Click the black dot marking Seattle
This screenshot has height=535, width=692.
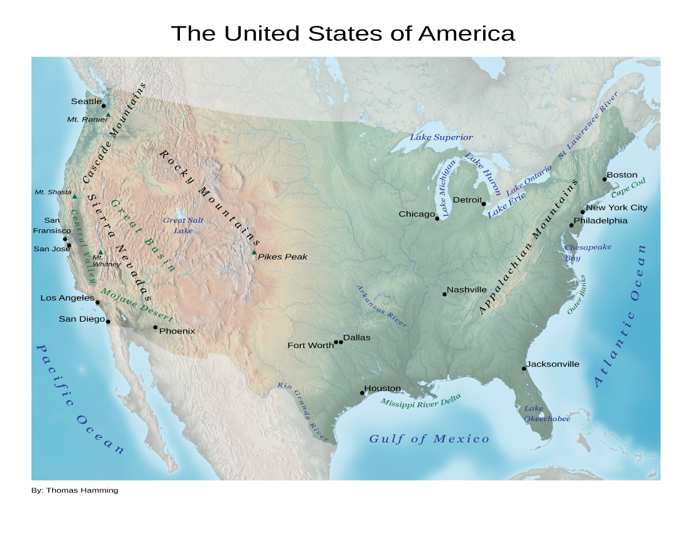tap(104, 106)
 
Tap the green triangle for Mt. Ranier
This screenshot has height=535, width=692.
tap(108, 115)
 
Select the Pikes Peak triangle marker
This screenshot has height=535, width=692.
tap(254, 253)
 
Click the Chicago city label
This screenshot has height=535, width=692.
tap(416, 215)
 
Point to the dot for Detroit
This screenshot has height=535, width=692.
tap(484, 204)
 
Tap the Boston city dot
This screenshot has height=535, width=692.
tap(605, 179)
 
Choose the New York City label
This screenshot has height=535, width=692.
tap(616, 208)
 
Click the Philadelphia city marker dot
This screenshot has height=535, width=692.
tap(572, 225)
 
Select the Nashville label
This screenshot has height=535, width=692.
tap(466, 290)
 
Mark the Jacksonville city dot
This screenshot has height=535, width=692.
tap(524, 368)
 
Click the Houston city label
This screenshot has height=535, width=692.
tap(382, 388)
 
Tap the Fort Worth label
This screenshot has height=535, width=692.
tap(310, 346)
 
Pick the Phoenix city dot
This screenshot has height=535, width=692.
tap(155, 327)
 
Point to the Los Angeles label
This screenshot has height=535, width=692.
tap(67, 298)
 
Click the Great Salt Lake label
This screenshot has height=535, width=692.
tap(183, 225)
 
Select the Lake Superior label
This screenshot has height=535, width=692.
tap(441, 137)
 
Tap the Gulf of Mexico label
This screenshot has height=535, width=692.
tap(428, 439)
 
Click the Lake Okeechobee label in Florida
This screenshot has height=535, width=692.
tap(547, 414)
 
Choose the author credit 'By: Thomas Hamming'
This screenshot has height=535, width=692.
tap(74, 490)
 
